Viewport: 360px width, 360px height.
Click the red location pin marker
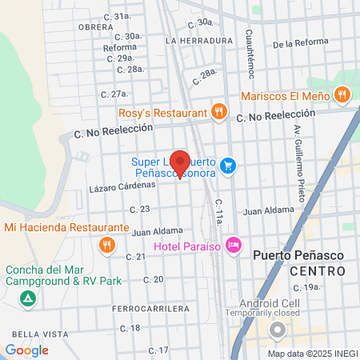[x=180, y=163]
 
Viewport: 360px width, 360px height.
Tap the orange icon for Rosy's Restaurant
[x=218, y=112]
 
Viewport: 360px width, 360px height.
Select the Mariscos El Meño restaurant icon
[x=342, y=95]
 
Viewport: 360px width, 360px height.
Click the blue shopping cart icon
[x=229, y=166]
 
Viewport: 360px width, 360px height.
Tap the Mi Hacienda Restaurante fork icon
[x=105, y=244]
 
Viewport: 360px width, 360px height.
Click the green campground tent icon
[x=28, y=299]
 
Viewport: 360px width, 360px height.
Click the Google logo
[x=26, y=350]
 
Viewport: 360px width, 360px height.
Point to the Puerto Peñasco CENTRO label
[x=299, y=264]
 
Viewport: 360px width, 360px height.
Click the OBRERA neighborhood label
[x=96, y=26]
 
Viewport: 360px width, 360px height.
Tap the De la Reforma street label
[x=301, y=44]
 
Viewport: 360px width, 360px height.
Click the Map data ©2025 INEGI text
[x=310, y=354]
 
